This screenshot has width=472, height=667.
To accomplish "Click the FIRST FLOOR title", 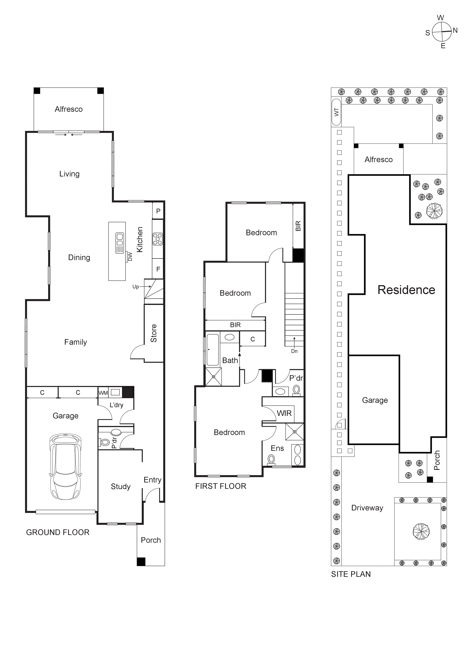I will [221, 486].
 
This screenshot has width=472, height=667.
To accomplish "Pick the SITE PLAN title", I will [351, 574].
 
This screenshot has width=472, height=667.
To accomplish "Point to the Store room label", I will [153, 333].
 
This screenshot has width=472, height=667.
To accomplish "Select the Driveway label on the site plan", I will [367, 508].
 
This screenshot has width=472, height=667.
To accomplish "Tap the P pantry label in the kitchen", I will [158, 211].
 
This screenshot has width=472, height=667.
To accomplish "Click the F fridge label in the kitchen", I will [158, 269].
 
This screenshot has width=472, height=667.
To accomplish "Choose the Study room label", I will [121, 486].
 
